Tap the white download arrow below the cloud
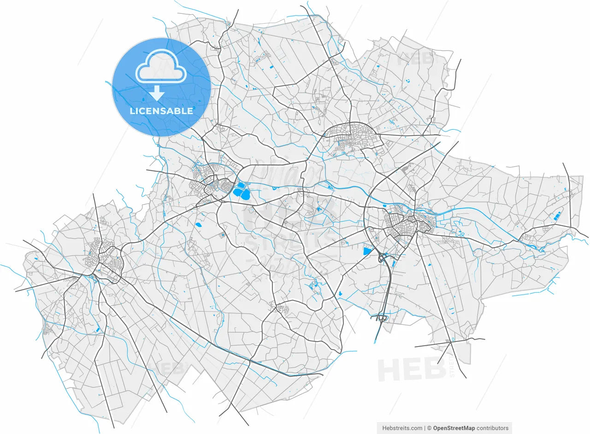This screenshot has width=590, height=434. click(x=157, y=93)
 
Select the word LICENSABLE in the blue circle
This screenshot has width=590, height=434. click(x=161, y=111)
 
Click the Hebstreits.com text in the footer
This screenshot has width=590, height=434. click(x=402, y=428)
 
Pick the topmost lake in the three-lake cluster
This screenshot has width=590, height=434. click(x=241, y=185)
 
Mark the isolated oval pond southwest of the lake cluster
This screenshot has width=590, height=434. click(x=199, y=225)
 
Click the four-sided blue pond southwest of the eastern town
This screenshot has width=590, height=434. click(x=367, y=251)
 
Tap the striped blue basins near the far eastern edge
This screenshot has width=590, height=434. click(x=556, y=216)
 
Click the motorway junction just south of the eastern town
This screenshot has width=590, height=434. click(x=383, y=259)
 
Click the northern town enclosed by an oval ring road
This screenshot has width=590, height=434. click(x=353, y=137)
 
